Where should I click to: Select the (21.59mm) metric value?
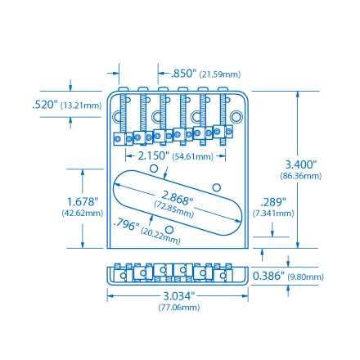pyautogui.click(x=221, y=74)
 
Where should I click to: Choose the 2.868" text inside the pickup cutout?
pyautogui.click(x=177, y=196)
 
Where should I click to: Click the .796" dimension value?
pyautogui.click(x=126, y=224)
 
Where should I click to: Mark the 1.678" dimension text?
pyautogui.click(x=83, y=200)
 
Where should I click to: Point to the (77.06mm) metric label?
pyautogui.click(x=178, y=308)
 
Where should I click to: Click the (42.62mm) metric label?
pyautogui.click(x=83, y=213)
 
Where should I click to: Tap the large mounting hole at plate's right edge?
pyautogui.click(x=236, y=117)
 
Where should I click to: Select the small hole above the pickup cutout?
pyautogui.click(x=154, y=168)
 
